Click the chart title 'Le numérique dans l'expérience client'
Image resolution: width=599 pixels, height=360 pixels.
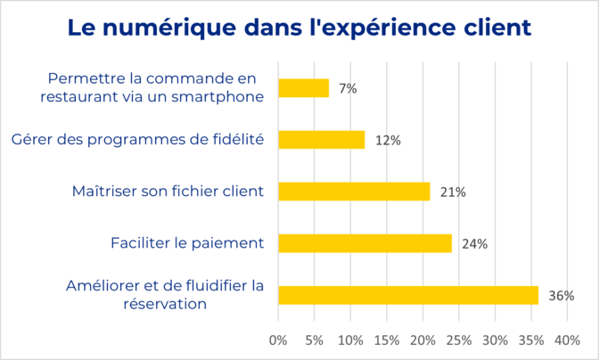(x=299, y=27)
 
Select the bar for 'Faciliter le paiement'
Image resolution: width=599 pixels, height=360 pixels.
(x=365, y=243)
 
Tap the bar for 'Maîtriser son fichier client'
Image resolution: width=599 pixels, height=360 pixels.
(x=354, y=192)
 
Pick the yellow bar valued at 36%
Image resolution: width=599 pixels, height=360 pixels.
(x=408, y=295)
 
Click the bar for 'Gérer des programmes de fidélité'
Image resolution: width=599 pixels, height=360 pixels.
(x=322, y=140)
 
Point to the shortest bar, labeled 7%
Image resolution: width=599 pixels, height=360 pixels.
(x=304, y=88)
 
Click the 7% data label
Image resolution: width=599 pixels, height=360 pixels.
(x=348, y=88)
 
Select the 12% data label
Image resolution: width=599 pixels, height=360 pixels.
(x=388, y=141)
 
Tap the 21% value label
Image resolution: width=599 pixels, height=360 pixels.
(x=453, y=192)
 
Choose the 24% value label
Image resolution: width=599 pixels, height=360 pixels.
(x=475, y=244)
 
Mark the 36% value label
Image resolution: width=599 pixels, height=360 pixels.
(x=562, y=296)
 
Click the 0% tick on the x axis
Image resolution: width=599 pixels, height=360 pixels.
(x=278, y=340)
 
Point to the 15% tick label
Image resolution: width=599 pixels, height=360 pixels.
(x=387, y=340)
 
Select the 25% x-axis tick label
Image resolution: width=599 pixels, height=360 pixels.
(x=459, y=340)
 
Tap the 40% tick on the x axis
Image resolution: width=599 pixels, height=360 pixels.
(x=567, y=340)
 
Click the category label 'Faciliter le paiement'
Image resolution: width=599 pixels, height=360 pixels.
(x=187, y=243)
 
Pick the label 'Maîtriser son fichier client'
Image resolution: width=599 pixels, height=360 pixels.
(x=168, y=191)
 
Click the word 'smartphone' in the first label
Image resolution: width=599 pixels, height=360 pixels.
(x=217, y=97)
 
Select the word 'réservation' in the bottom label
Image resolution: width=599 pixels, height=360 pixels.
(x=165, y=304)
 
